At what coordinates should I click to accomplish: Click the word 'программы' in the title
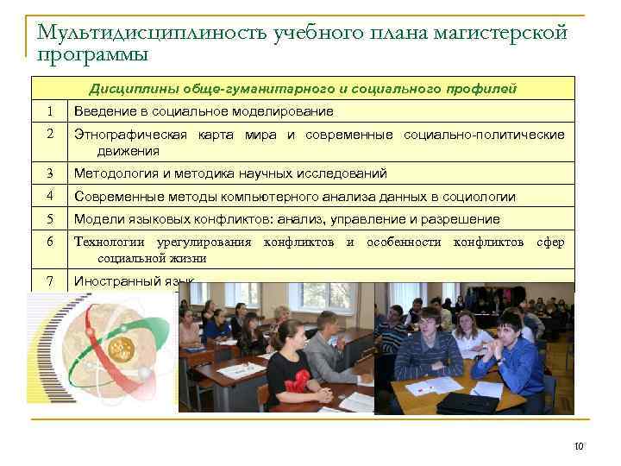pyautogui.click(x=93, y=54)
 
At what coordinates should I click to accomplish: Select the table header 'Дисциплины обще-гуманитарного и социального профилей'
pyautogui.click(x=303, y=88)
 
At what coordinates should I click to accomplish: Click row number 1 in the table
pyautogui.click(x=50, y=111)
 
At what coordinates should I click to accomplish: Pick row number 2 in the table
pyautogui.click(x=50, y=135)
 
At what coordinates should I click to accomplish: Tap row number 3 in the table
pyautogui.click(x=50, y=173)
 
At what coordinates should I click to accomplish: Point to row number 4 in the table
pyautogui.click(x=50, y=196)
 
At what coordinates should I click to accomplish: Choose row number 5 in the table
pyautogui.click(x=50, y=218)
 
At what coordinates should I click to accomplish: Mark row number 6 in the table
pyautogui.click(x=50, y=242)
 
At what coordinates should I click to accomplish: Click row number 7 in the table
pyautogui.click(x=50, y=280)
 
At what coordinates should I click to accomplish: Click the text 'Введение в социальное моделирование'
pyautogui.click(x=204, y=111)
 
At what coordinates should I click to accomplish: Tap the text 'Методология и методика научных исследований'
pyautogui.click(x=230, y=173)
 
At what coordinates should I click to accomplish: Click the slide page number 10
pyautogui.click(x=579, y=446)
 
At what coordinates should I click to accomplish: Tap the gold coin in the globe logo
pyautogui.click(x=120, y=349)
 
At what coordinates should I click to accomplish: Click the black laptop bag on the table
pyautogui.click(x=467, y=402)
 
